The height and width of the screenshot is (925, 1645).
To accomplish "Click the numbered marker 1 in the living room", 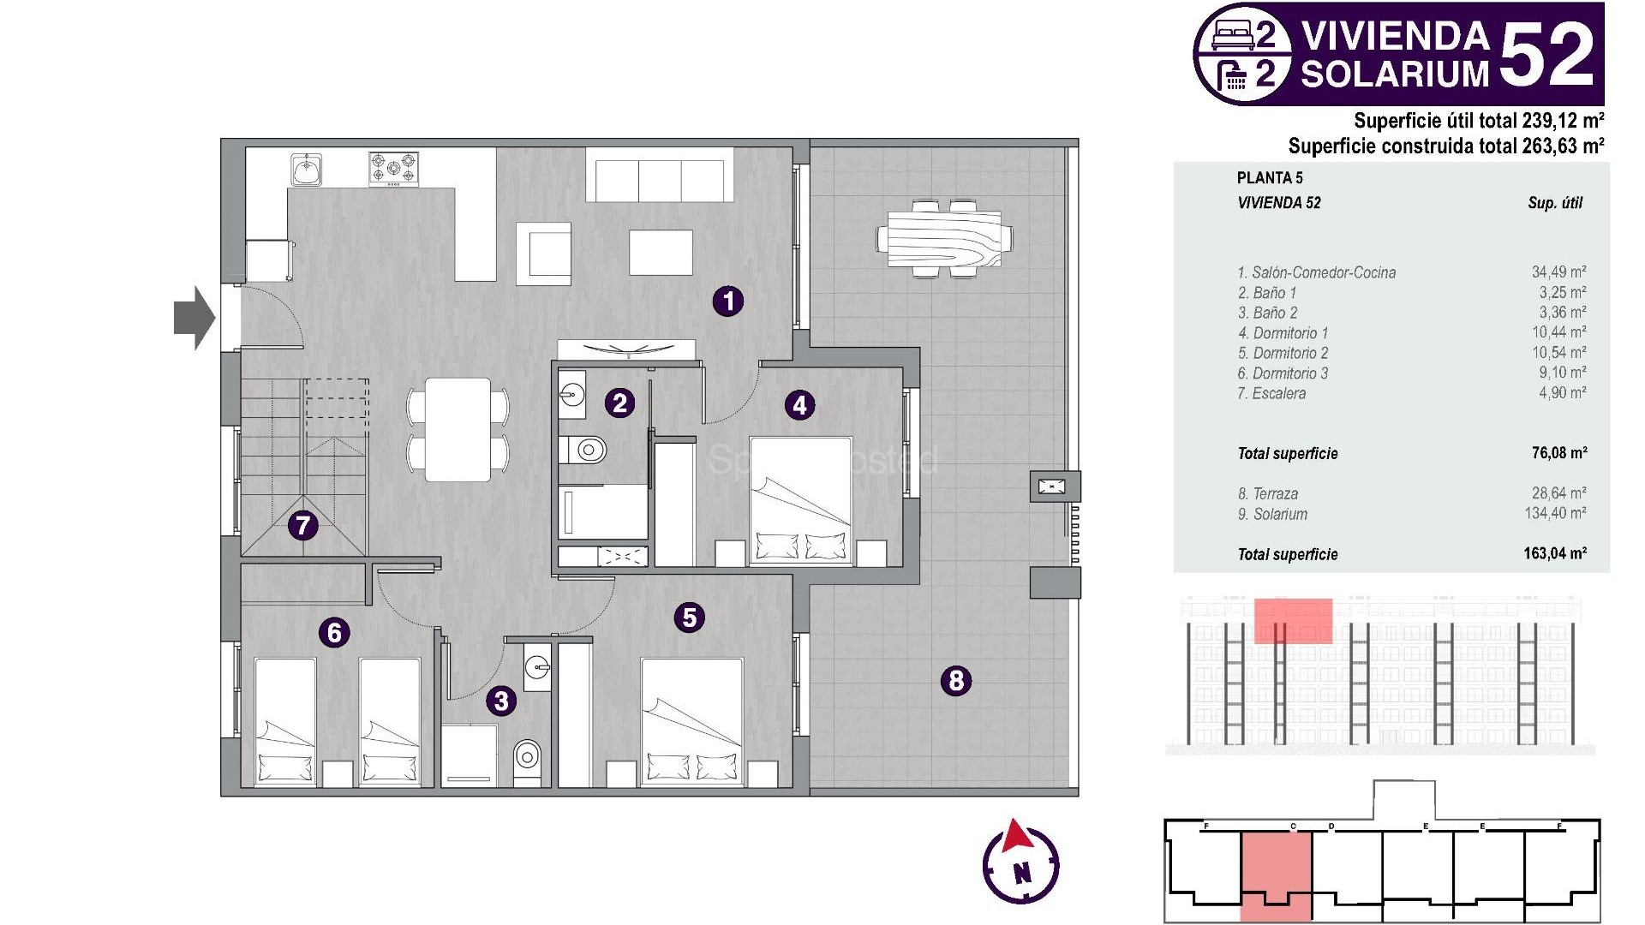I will (728, 301).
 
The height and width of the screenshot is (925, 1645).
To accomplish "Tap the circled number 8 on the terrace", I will (956, 681).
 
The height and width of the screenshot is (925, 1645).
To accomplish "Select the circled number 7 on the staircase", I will (302, 525).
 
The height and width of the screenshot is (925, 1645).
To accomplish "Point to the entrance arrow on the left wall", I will (194, 318).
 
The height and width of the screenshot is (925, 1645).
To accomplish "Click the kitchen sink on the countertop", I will (306, 170).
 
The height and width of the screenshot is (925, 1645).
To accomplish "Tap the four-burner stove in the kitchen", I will (393, 169).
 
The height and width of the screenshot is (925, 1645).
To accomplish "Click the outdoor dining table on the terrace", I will (944, 237).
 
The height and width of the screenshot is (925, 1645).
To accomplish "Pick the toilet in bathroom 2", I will (586, 449).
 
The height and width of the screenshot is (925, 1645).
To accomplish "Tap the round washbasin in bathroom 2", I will (571, 395).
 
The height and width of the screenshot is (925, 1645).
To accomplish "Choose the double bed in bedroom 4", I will (800, 500).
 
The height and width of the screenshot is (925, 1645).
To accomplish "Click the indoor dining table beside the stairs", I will (458, 429).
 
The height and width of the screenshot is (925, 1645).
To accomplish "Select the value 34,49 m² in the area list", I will (1558, 272).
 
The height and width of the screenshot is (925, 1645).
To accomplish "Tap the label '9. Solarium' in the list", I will (1272, 515).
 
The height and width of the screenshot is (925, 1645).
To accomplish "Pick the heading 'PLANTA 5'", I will (1270, 178).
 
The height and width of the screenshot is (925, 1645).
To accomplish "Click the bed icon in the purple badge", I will (1233, 35).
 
